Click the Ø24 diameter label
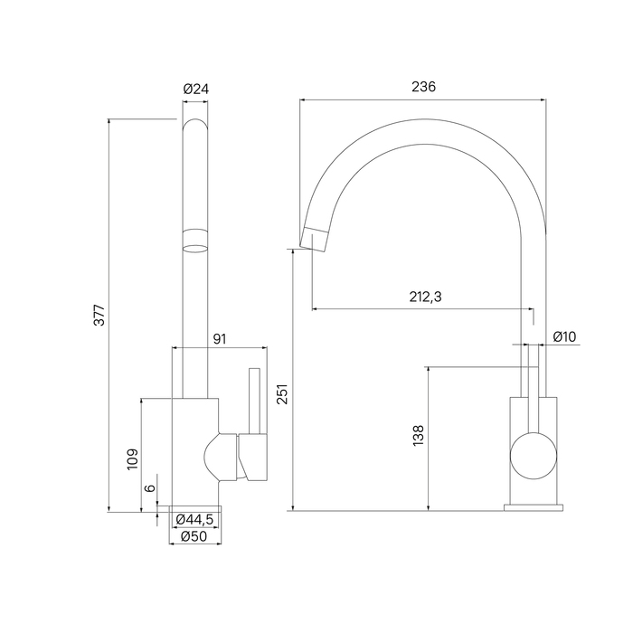click(195, 89)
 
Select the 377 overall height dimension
click(100, 314)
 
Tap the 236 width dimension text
click(423, 87)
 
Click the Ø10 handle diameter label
click(564, 336)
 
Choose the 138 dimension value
click(417, 435)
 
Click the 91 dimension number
click(219, 338)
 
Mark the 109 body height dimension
click(133, 458)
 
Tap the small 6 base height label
click(150, 487)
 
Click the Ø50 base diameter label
click(194, 535)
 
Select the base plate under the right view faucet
click(533, 506)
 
